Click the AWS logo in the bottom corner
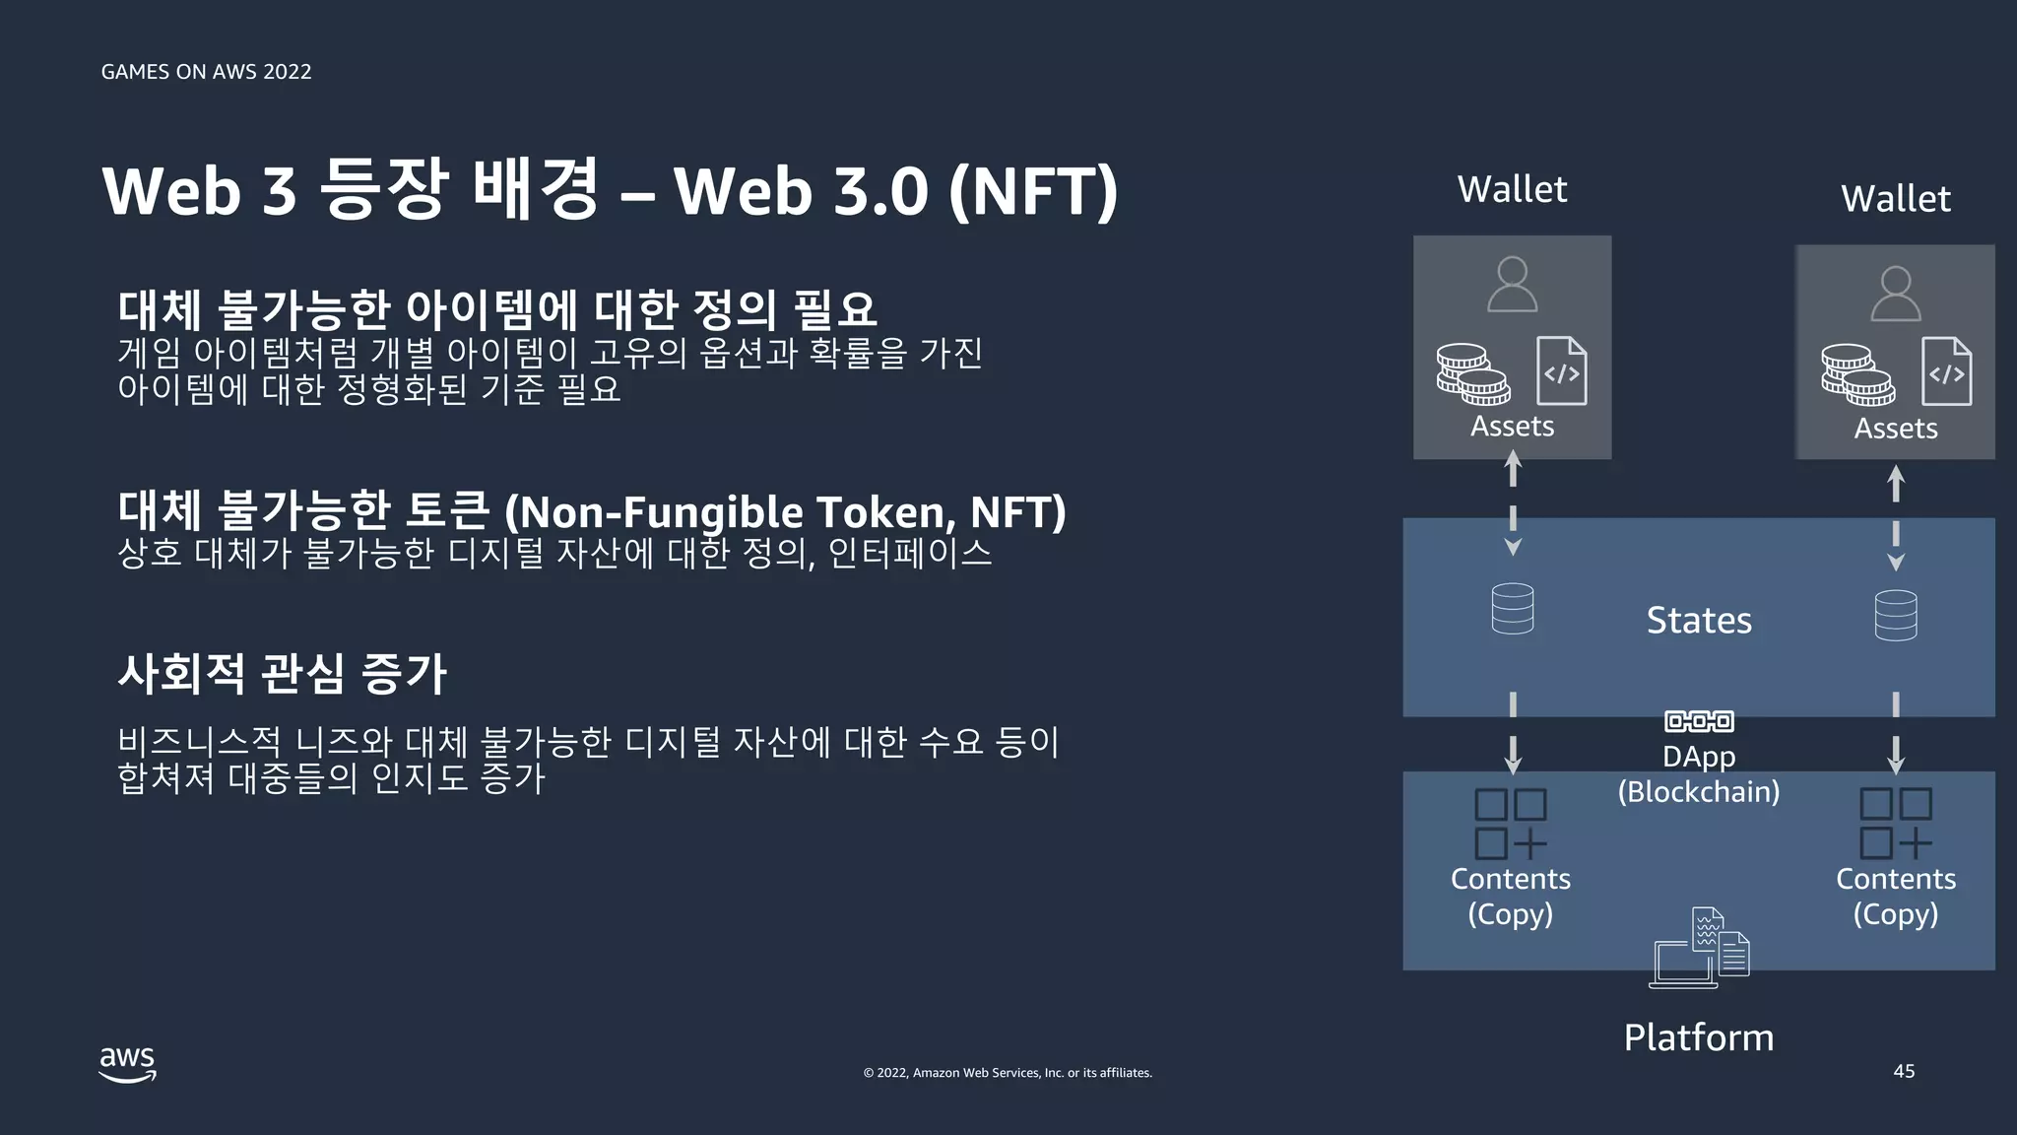click(x=127, y=1065)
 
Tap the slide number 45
click(x=1904, y=1071)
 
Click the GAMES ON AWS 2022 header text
click(x=206, y=72)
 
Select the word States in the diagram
click(x=1699, y=621)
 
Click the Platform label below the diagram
click(x=1698, y=1037)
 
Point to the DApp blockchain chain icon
click(x=1699, y=721)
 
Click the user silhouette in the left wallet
click(x=1512, y=285)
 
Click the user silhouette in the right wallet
click(x=1895, y=294)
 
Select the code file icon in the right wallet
click(x=1946, y=371)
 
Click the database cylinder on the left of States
click(x=1512, y=609)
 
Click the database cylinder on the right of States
click(x=1895, y=616)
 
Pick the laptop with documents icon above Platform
click(x=1699, y=949)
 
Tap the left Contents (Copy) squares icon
click(x=1510, y=824)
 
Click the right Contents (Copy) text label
click(x=1895, y=896)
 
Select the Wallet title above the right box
click(x=1895, y=199)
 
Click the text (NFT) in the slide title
click(x=1033, y=191)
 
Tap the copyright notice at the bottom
click(x=1008, y=1073)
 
